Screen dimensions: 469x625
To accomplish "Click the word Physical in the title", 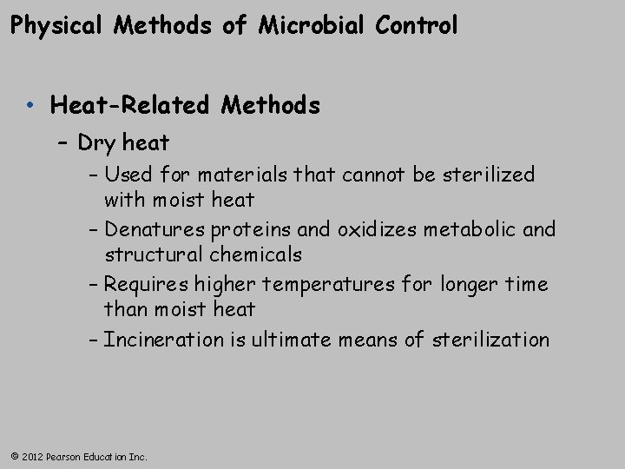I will (x=56, y=26).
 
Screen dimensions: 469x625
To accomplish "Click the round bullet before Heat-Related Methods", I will (x=30, y=107).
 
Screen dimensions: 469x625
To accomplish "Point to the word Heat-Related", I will (x=131, y=107).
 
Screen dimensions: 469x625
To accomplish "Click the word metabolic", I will (x=470, y=230).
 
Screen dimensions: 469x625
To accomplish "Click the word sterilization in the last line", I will (x=494, y=340).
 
